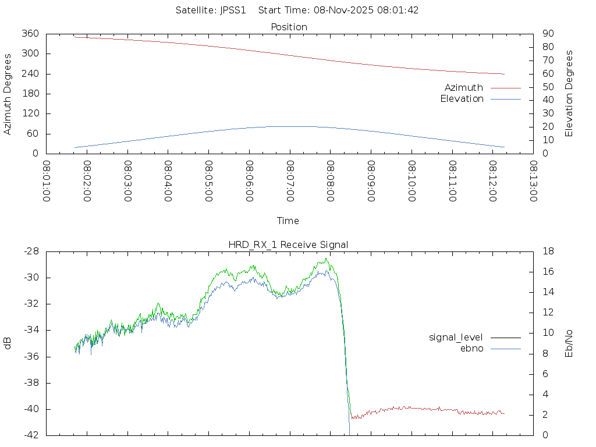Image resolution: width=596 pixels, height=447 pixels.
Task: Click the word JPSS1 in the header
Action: [233, 10]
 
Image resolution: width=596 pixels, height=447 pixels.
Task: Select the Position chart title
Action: [289, 27]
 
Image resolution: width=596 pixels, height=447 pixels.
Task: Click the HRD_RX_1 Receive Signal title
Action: [289, 244]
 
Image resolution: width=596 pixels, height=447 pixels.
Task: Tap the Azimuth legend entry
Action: [464, 88]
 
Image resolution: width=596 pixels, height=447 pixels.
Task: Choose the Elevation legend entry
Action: [462, 99]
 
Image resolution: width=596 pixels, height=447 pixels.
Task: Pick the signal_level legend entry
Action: [456, 337]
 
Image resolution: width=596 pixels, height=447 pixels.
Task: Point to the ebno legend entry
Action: [472, 348]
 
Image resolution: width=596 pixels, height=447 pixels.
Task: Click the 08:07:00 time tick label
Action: [290, 182]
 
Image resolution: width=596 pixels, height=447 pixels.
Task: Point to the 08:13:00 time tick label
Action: [533, 182]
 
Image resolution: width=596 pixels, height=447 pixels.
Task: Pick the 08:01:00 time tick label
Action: [47, 182]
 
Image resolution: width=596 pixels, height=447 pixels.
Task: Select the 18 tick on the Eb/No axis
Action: [548, 251]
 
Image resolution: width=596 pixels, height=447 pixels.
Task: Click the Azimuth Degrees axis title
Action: [8, 94]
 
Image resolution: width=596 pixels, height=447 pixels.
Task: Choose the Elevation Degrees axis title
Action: [569, 94]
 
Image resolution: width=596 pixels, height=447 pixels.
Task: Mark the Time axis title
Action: [288, 221]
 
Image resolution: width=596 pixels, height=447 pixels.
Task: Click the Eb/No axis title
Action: [569, 343]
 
